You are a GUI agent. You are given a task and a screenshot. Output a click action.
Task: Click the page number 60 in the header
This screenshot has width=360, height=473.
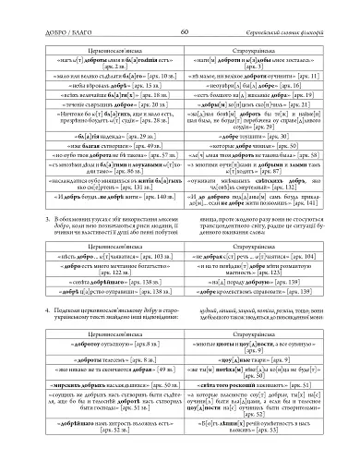pos(181,7)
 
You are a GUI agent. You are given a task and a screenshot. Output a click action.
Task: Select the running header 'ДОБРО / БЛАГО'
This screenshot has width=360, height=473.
pos(65,7)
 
